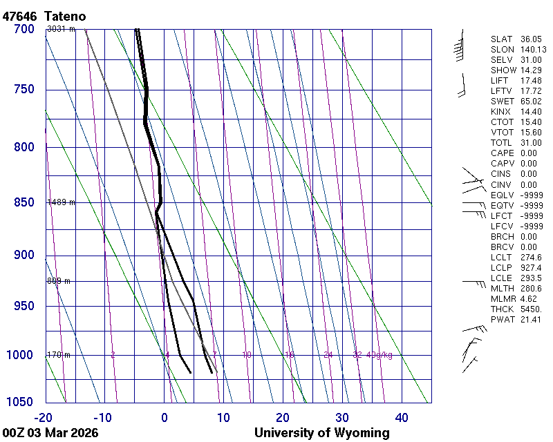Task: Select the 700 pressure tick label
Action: coord(24,29)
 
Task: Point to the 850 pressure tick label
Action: coord(24,203)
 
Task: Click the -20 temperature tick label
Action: coord(44,417)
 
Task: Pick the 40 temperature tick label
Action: coord(402,417)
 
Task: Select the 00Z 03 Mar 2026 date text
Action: coord(50,433)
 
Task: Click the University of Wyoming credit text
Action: coord(321,433)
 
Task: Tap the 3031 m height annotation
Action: coord(60,28)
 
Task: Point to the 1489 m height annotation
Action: coord(61,202)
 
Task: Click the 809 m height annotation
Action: coord(59,281)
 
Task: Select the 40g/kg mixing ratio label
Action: coord(380,355)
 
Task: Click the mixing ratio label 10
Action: coord(247,355)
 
